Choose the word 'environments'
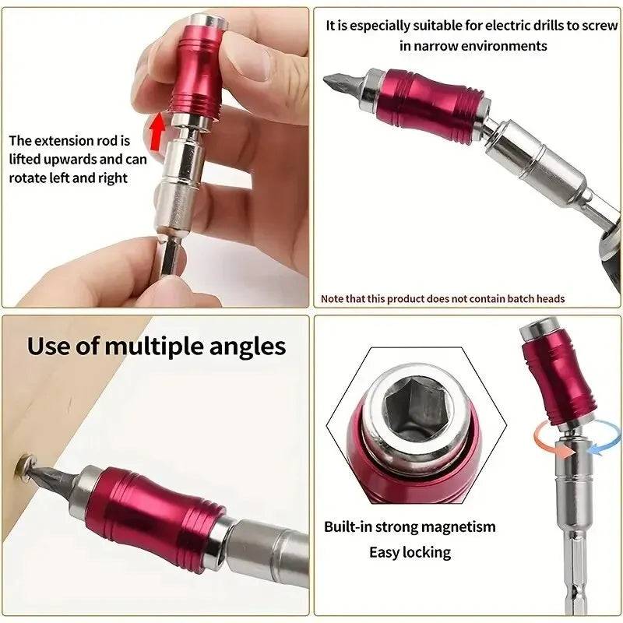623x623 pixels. (509, 46)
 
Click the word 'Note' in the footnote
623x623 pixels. (333, 299)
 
